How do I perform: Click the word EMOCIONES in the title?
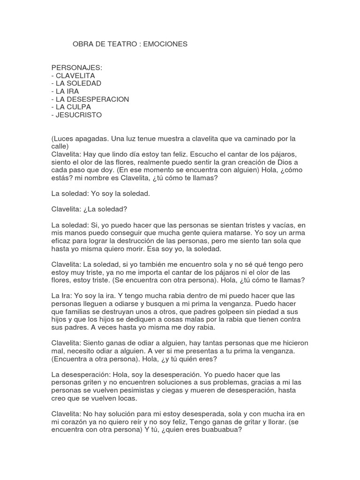click(165, 44)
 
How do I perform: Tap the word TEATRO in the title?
click(123, 44)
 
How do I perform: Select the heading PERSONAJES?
click(76, 67)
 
